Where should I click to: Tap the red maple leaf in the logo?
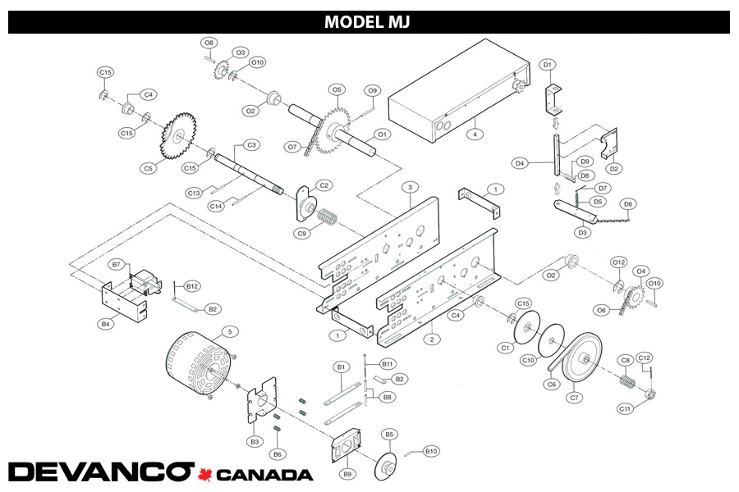204,473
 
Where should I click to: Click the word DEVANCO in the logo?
99,472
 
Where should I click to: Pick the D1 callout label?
549,64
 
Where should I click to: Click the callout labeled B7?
117,264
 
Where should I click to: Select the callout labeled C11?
625,408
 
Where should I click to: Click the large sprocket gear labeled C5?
178,136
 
